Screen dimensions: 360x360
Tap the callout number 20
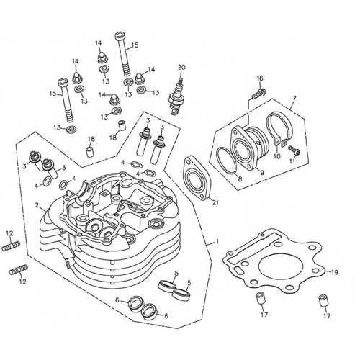coord(181,68)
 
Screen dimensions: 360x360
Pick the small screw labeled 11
coord(296,153)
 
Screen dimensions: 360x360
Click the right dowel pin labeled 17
coord(326,297)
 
